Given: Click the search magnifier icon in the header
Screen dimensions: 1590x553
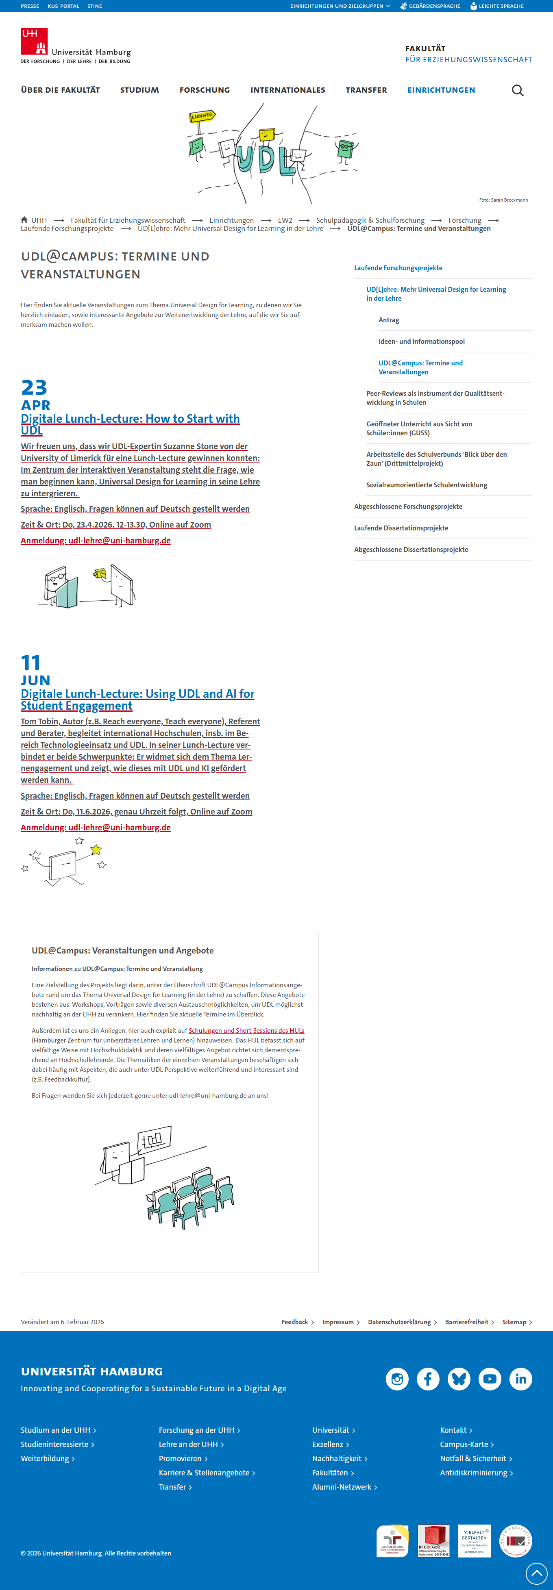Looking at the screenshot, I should pyautogui.click(x=517, y=91).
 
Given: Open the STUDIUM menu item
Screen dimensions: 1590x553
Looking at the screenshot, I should pyautogui.click(x=139, y=90).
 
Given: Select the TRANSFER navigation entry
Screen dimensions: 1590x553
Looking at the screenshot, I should pyautogui.click(x=366, y=90).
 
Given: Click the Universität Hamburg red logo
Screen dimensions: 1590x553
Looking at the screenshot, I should pyautogui.click(x=35, y=41).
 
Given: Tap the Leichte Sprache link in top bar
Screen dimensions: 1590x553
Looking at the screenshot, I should pyautogui.click(x=497, y=6).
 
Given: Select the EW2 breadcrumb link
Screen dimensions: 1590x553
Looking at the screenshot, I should pyautogui.click(x=285, y=220).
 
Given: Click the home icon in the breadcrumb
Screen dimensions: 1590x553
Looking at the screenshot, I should pyautogui.click(x=24, y=220).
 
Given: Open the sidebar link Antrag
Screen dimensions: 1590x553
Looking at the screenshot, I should pyautogui.click(x=389, y=320).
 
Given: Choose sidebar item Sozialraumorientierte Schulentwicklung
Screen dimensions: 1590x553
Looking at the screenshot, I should pyautogui.click(x=427, y=485).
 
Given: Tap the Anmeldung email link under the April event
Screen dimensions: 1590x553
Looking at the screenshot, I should pyautogui.click(x=96, y=541).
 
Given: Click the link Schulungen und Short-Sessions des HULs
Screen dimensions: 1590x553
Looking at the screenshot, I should pyautogui.click(x=246, y=1031).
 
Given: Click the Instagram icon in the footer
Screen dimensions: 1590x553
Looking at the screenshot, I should pyautogui.click(x=397, y=1379).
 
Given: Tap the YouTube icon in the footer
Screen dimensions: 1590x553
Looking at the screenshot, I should pyautogui.click(x=490, y=1379).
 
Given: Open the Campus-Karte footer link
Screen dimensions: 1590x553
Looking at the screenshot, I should pyautogui.click(x=464, y=1444).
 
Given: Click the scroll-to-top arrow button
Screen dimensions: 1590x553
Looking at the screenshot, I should pyautogui.click(x=536, y=1573).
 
